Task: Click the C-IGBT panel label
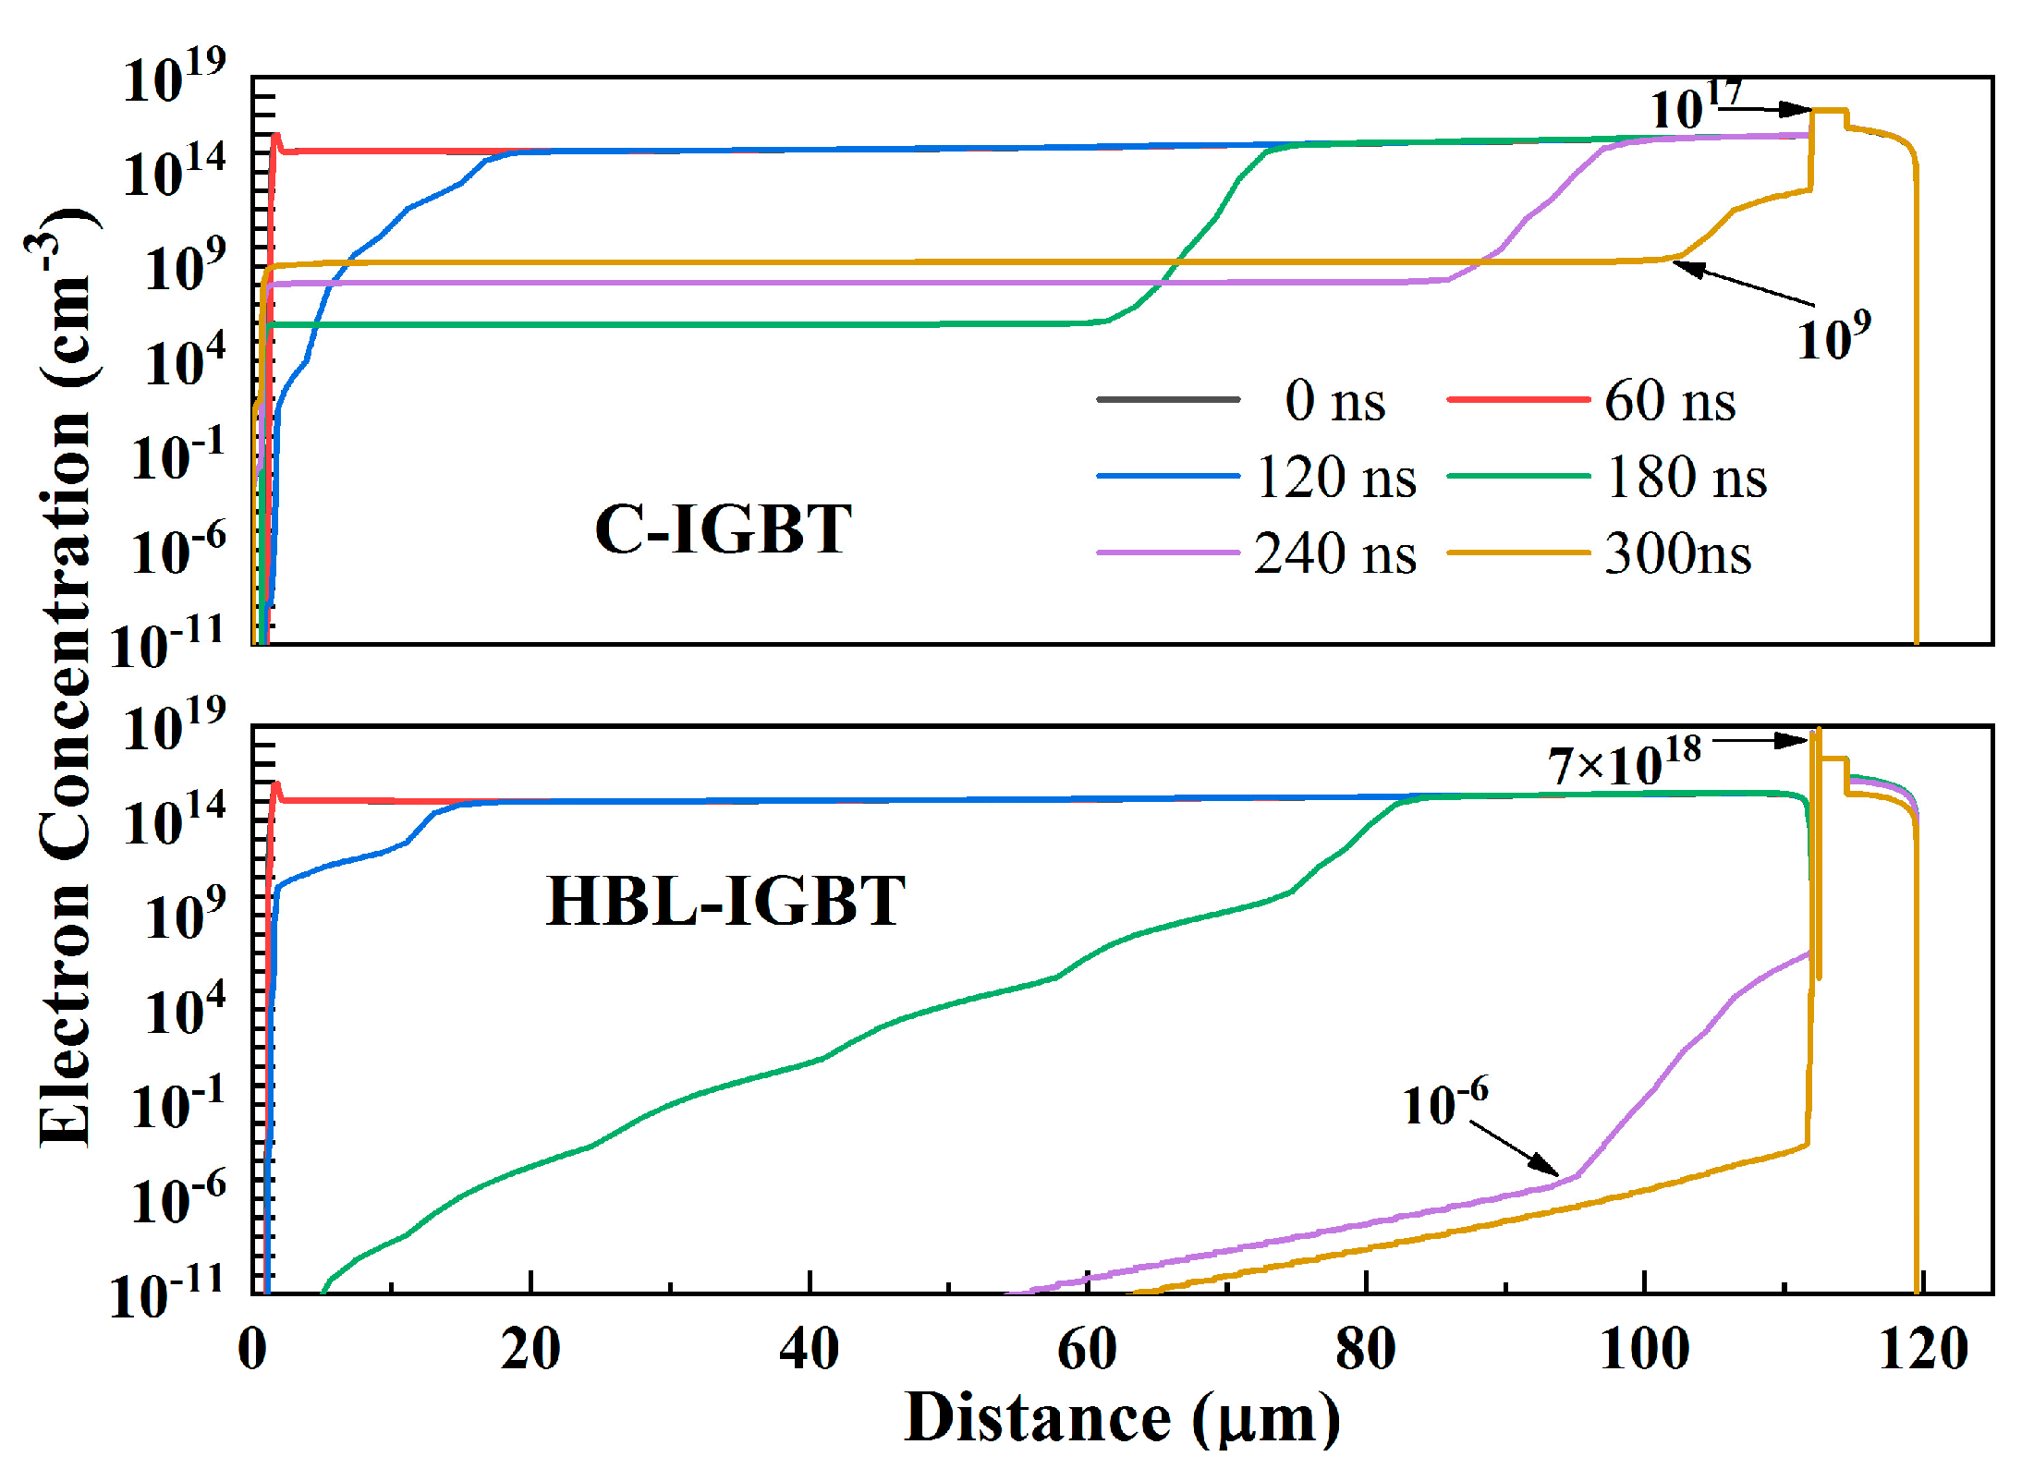click(723, 529)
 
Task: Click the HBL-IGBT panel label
click(725, 901)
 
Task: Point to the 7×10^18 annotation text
click(1624, 762)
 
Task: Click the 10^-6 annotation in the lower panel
click(1444, 1102)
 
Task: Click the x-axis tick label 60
click(1087, 1350)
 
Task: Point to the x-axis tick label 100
click(1644, 1350)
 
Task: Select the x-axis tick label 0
click(252, 1350)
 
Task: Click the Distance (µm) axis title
click(1122, 1418)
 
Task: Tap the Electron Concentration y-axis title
click(65, 679)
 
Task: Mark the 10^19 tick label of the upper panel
click(174, 78)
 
